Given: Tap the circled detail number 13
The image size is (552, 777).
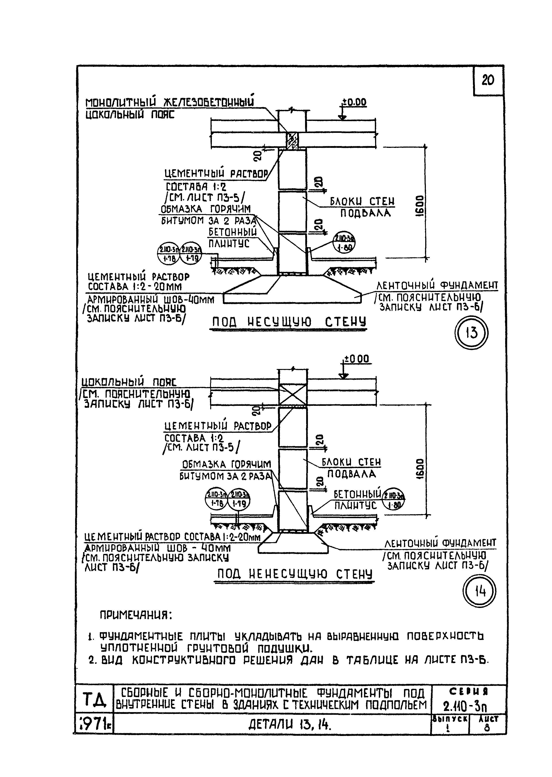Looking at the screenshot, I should click(471, 333).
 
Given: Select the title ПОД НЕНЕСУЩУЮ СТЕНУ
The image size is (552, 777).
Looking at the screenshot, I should click(294, 574).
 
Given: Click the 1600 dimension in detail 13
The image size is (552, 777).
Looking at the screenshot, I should click(420, 205).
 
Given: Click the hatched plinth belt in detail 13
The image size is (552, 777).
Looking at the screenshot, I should click(292, 141).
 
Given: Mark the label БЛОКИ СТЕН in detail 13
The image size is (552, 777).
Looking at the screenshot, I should click(362, 202).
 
